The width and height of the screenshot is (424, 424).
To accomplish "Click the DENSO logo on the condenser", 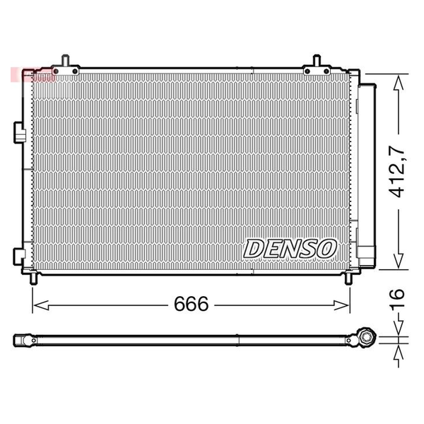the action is tap(290, 249).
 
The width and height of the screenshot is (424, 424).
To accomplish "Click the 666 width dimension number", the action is tap(192, 304).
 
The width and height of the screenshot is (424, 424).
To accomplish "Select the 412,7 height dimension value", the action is tap(396, 172).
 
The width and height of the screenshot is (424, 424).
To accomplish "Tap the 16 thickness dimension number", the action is tap(396, 298).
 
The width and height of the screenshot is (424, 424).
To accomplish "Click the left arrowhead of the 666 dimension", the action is tap(41, 305).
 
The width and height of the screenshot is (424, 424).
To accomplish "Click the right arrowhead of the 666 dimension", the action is tap(341, 305).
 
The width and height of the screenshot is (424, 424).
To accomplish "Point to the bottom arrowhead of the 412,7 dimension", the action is tap(399, 261).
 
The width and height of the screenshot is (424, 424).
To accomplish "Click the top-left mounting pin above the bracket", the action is tap(66, 60).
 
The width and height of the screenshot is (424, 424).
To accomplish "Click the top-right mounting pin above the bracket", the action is tap(317, 60).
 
